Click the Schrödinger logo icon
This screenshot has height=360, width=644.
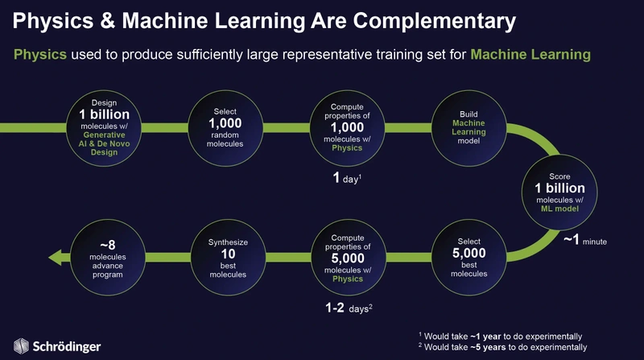pyautogui.click(x=21, y=346)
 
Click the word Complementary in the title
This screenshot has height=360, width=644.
pyautogui.click(x=435, y=22)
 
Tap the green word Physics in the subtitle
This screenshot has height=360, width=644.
pyautogui.click(x=39, y=54)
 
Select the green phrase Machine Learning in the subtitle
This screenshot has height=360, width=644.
pyautogui.click(x=530, y=54)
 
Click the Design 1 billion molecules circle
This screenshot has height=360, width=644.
pyautogui.click(x=104, y=128)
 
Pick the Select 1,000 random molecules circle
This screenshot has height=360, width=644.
pyautogui.click(x=225, y=128)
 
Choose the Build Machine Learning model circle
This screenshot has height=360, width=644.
pyautogui.click(x=469, y=128)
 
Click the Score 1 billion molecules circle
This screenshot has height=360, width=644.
pyautogui.click(x=559, y=192)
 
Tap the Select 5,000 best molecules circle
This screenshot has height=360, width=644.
pyautogui.click(x=469, y=257)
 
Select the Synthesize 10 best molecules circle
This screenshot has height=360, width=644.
pyautogui.click(x=228, y=257)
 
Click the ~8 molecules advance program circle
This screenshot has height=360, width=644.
pyautogui.click(x=108, y=257)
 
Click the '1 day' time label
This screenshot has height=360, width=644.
pyautogui.click(x=347, y=178)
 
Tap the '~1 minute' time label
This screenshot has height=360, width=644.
pyautogui.click(x=585, y=239)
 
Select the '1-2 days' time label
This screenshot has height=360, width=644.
pyautogui.click(x=349, y=308)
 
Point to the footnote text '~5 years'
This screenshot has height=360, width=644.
pyautogui.click(x=488, y=347)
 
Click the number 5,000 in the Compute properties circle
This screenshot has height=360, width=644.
pyautogui.click(x=348, y=258)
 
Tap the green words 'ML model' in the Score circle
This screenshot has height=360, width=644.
pyautogui.click(x=559, y=209)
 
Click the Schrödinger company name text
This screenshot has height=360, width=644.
pyautogui.click(x=67, y=346)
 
